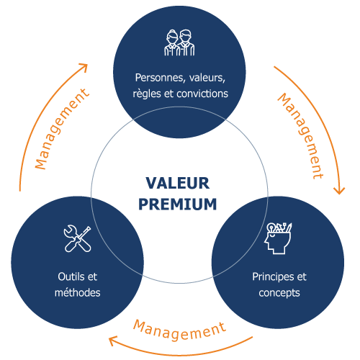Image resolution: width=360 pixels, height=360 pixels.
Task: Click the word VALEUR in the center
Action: coord(178,184)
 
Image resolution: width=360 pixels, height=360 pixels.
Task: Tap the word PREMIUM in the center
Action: coord(178,204)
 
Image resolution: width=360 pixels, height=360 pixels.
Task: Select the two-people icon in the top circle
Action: coord(179,42)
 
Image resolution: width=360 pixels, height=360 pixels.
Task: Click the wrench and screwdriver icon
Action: coord(78,238)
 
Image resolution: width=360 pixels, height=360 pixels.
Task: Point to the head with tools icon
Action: coord(278,238)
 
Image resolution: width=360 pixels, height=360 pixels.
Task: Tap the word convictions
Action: coord(202,94)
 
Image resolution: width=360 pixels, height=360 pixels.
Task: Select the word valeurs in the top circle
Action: coord(207,78)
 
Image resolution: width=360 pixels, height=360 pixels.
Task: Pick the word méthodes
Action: coord(78,292)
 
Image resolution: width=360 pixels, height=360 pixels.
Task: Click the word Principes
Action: coord(273,277)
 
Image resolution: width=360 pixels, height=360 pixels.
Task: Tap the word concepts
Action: coord(279,293)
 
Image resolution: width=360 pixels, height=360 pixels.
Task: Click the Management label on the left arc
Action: coord(62,129)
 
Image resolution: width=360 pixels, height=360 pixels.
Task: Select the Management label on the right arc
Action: coord(300,136)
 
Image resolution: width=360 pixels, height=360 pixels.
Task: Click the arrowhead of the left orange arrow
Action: coord(85,66)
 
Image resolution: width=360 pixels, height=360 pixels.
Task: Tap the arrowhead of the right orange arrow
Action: coord(339,192)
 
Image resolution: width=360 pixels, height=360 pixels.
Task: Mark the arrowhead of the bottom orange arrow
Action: coord(112,341)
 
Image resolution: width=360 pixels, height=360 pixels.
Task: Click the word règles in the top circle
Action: coord(147,94)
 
